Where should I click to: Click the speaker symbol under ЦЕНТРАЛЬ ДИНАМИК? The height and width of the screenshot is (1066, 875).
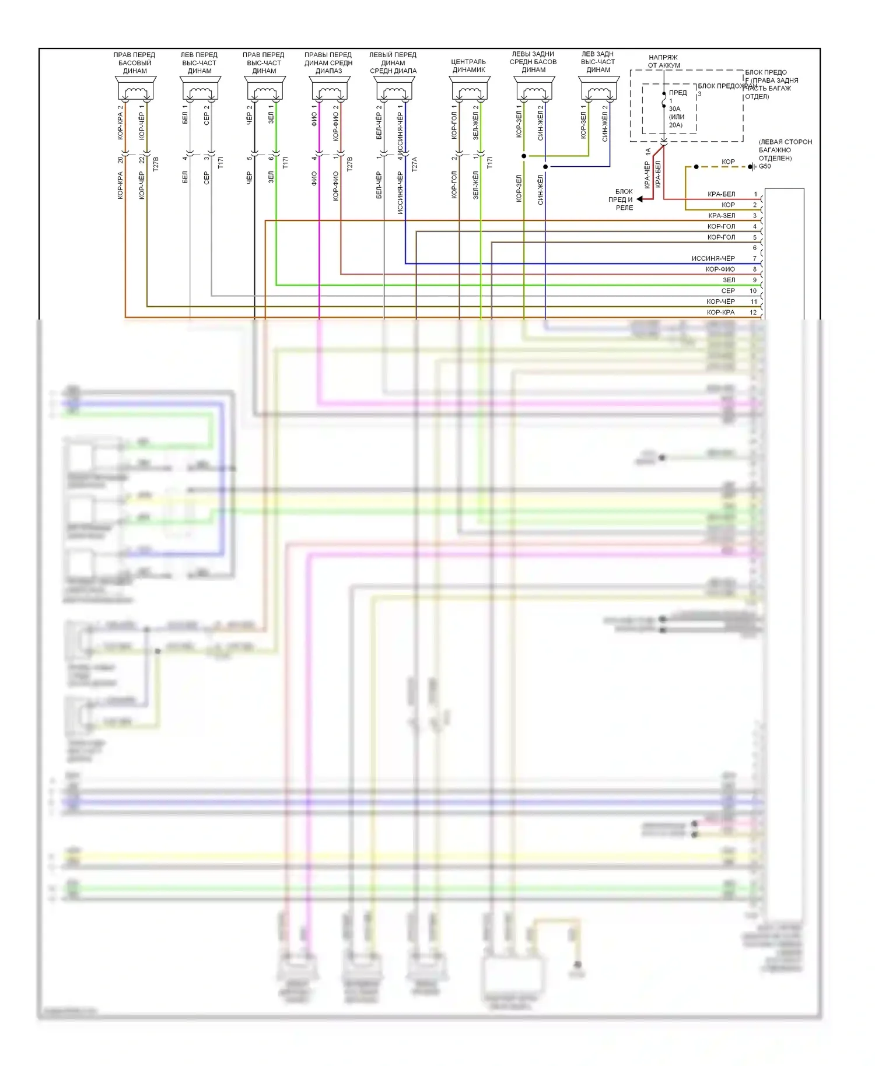[x=469, y=91]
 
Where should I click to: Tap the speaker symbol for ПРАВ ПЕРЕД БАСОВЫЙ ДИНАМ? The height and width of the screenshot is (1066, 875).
[x=135, y=91]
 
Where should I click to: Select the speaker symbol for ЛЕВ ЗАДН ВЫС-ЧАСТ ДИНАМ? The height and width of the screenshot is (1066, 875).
[x=598, y=91]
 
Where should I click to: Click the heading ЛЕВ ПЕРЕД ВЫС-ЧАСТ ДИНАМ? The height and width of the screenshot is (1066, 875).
[x=199, y=63]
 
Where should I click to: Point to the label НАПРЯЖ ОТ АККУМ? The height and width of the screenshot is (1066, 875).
[x=664, y=61]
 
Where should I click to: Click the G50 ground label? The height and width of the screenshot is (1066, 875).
[x=765, y=167]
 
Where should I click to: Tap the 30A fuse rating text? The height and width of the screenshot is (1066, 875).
[x=674, y=109]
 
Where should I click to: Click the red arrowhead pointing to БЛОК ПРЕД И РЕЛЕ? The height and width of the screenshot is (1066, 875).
[x=640, y=199]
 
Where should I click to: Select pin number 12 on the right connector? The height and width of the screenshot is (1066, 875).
[x=753, y=313]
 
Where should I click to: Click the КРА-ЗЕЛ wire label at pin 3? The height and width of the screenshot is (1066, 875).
[x=722, y=216]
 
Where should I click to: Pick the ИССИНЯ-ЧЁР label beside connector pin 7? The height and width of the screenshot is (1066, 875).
[x=713, y=259]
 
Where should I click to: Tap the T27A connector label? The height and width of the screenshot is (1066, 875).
[x=415, y=164]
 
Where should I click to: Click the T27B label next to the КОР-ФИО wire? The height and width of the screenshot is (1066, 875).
[x=349, y=164]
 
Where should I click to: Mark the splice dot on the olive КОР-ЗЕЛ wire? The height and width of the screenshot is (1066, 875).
[x=524, y=156]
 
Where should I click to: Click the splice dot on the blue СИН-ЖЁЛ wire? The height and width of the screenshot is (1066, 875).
[x=545, y=167]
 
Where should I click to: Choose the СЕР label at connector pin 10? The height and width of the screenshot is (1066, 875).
[x=728, y=291]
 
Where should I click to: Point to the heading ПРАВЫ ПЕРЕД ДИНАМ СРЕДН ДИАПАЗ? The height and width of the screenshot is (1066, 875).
[x=328, y=63]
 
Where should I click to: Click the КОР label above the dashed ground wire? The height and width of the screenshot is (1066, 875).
[x=728, y=162]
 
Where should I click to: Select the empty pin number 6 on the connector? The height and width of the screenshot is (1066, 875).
[x=754, y=248]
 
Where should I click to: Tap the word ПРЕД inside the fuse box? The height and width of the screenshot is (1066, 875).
[x=678, y=93]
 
